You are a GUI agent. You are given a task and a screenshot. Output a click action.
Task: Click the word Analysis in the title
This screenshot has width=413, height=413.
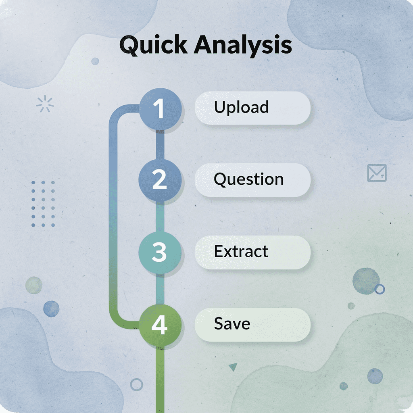[x=242, y=45]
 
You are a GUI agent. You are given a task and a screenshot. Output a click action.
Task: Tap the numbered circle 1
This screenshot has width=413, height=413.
[x=160, y=109]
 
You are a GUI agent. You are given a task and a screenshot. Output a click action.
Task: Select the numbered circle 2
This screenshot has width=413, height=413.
[x=160, y=180]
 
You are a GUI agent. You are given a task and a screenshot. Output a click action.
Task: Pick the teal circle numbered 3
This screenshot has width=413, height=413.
[x=160, y=252]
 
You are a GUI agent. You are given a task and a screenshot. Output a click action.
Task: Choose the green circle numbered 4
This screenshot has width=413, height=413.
[x=160, y=325]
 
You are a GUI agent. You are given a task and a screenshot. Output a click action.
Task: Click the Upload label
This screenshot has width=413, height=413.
[x=241, y=107]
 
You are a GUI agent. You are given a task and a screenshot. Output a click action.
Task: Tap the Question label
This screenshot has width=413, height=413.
[x=248, y=179]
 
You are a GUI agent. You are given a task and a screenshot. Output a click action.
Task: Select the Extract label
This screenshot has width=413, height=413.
[x=241, y=252]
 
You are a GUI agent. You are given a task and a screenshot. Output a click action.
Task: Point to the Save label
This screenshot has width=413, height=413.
[x=232, y=324]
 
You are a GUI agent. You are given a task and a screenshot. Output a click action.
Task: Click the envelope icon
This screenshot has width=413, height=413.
[x=377, y=173]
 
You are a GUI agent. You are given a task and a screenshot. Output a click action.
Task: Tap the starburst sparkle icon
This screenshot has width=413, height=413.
[x=45, y=104]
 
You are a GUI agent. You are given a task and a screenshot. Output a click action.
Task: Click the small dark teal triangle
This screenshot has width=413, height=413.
[x=233, y=367]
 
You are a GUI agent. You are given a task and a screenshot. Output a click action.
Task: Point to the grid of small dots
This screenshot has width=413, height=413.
[x=43, y=204]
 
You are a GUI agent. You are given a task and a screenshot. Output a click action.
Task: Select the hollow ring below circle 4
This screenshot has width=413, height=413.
[x=137, y=384]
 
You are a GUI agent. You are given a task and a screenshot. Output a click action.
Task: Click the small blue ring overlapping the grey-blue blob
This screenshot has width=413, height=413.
[x=379, y=289]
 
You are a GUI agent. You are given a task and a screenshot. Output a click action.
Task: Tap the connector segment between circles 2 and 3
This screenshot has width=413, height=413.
[x=160, y=217]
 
